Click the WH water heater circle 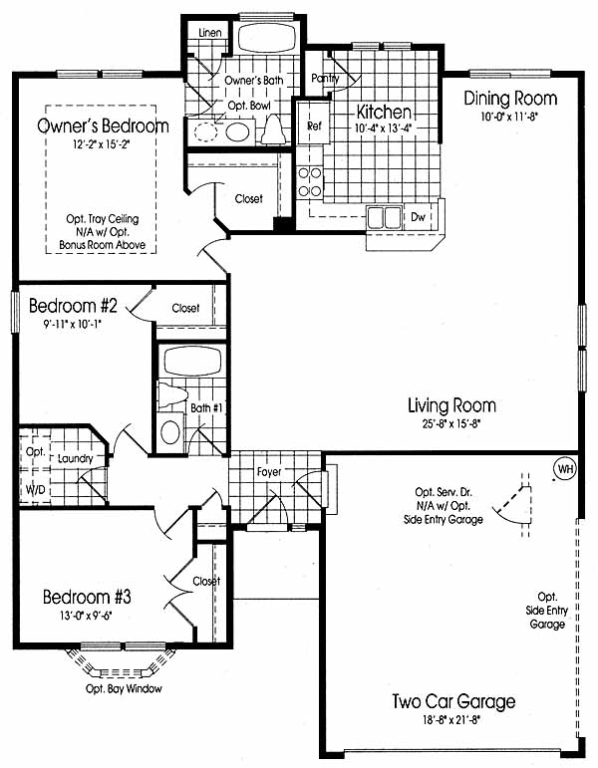565,469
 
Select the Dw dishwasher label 418,216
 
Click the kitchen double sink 385,217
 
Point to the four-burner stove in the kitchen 310,181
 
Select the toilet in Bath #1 172,395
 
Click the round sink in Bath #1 170,432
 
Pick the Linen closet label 209,33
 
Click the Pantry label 325,78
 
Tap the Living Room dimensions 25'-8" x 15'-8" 450,424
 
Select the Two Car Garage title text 453,701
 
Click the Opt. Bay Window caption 124,688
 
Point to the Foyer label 269,472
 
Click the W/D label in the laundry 35,489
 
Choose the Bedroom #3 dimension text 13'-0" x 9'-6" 86,616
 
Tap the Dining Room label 510,98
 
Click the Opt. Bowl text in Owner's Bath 249,106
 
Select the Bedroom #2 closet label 185,308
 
